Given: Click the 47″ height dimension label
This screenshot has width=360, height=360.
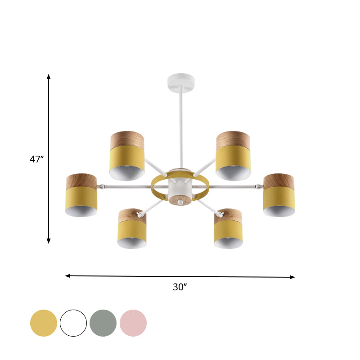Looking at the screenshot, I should click(36, 159).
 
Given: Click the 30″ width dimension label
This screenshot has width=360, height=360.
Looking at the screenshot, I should click(180, 287).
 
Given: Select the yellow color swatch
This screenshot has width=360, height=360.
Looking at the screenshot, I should click(44, 323).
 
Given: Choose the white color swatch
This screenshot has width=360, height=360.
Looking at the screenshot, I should click(73, 323).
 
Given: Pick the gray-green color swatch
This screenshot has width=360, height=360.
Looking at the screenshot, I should click(103, 323).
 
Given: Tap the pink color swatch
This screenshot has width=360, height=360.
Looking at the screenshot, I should click(133, 323).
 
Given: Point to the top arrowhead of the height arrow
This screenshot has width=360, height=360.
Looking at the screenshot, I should click(49, 77).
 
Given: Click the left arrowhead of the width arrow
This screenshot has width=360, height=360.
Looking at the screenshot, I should click(68, 275).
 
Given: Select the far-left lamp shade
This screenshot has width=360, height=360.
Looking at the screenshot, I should click(81, 196).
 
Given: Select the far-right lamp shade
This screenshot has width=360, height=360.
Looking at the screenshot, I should click(279, 196).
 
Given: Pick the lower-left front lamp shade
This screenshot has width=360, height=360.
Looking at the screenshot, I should click(132, 229).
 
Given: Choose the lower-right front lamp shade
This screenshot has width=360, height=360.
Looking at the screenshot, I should click(228, 229).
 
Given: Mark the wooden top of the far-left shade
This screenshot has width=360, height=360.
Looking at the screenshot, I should click(81, 181).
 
